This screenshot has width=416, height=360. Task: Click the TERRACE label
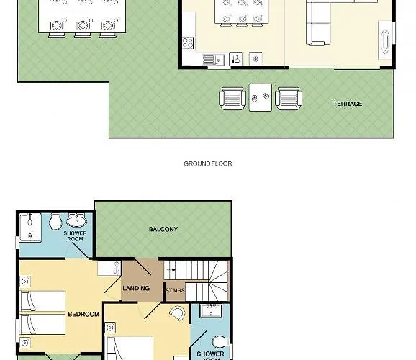348,104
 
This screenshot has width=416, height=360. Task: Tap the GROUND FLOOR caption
208,163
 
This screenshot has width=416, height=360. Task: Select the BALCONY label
163,229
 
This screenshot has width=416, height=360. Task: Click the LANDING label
136,288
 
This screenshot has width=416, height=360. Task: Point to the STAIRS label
175,290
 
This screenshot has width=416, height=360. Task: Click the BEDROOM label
83,314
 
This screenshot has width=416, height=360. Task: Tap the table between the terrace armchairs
261,97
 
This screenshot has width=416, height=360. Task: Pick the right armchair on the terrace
289,99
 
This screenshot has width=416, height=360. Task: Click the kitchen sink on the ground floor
213,60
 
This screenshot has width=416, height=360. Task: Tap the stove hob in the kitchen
188,43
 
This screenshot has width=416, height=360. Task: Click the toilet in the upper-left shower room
55,221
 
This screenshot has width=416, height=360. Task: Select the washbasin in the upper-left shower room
76,220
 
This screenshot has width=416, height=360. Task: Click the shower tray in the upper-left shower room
30,228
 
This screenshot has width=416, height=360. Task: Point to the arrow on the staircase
173,270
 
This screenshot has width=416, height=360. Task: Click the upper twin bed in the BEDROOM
43,301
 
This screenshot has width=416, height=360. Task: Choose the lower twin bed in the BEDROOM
43,325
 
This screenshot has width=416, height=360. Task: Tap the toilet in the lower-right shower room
221,342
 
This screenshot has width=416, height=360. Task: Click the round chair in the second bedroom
177,313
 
